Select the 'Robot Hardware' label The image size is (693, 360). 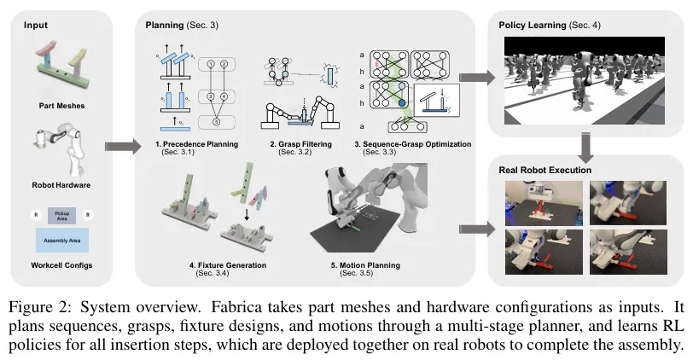click(65, 183)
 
